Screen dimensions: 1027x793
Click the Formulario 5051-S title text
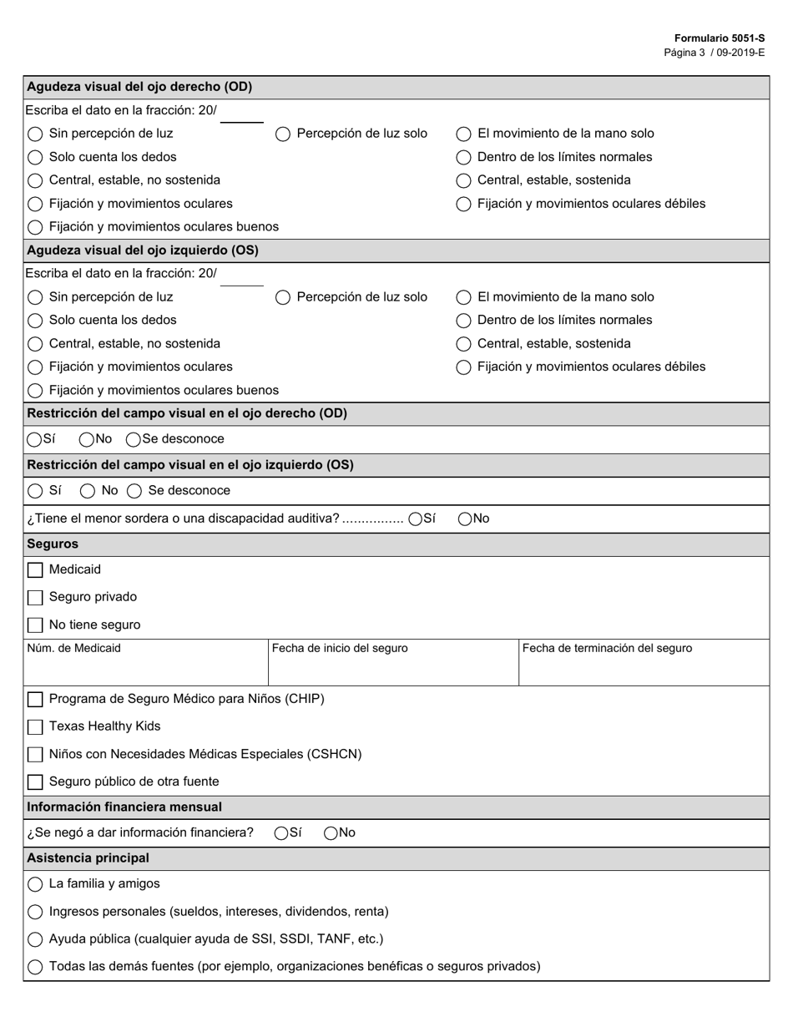pyautogui.click(x=719, y=38)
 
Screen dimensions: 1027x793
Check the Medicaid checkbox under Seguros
pyautogui.click(x=35, y=570)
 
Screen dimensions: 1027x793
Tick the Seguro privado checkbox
pyautogui.click(x=35, y=598)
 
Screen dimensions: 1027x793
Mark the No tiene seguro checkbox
pyautogui.click(x=35, y=625)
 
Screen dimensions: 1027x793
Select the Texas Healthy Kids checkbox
pyautogui.click(x=35, y=727)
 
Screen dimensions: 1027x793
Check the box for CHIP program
pyautogui.click(x=35, y=700)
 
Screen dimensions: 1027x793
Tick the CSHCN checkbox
pyautogui.click(x=35, y=755)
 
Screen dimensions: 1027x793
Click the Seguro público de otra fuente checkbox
pyautogui.click(x=35, y=782)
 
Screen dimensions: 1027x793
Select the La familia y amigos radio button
pyautogui.click(x=35, y=884)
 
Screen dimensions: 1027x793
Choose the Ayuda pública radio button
pyautogui.click(x=35, y=939)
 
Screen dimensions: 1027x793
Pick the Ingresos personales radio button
pyautogui.click(x=35, y=912)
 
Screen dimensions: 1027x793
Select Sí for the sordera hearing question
pyautogui.click(x=416, y=519)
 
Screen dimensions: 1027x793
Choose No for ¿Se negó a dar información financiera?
pyautogui.click(x=331, y=833)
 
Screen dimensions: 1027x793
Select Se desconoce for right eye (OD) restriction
pyautogui.click(x=134, y=439)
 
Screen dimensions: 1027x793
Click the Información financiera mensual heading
pyautogui.click(x=124, y=807)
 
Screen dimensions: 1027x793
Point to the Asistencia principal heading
pyautogui.click(x=88, y=858)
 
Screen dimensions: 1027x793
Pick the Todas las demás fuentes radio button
pyautogui.click(x=35, y=967)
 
